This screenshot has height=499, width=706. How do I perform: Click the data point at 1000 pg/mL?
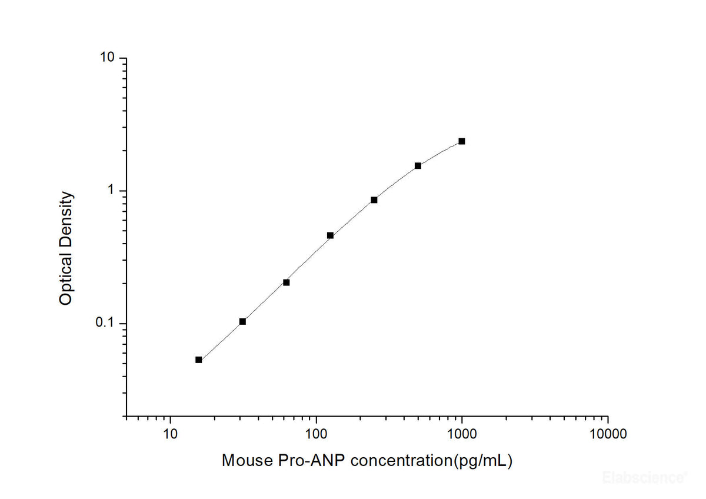pos(462,141)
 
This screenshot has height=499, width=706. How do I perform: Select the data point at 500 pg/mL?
pos(418,166)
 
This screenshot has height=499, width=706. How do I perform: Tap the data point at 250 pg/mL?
pos(374,200)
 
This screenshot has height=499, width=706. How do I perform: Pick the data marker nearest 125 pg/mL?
pos(330,235)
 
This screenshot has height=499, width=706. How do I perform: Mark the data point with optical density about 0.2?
pos(287,282)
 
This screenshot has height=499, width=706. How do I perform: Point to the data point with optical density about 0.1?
pos(242,321)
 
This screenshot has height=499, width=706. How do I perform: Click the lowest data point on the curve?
pos(199,360)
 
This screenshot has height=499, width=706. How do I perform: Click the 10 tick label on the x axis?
pos(171,435)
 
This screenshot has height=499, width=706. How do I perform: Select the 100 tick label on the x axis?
pos(317,435)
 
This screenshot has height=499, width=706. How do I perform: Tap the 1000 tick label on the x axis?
pos(462,435)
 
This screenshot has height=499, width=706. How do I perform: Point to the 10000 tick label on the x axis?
pos(608,435)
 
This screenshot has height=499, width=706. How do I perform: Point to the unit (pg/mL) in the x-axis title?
pos(482,461)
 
